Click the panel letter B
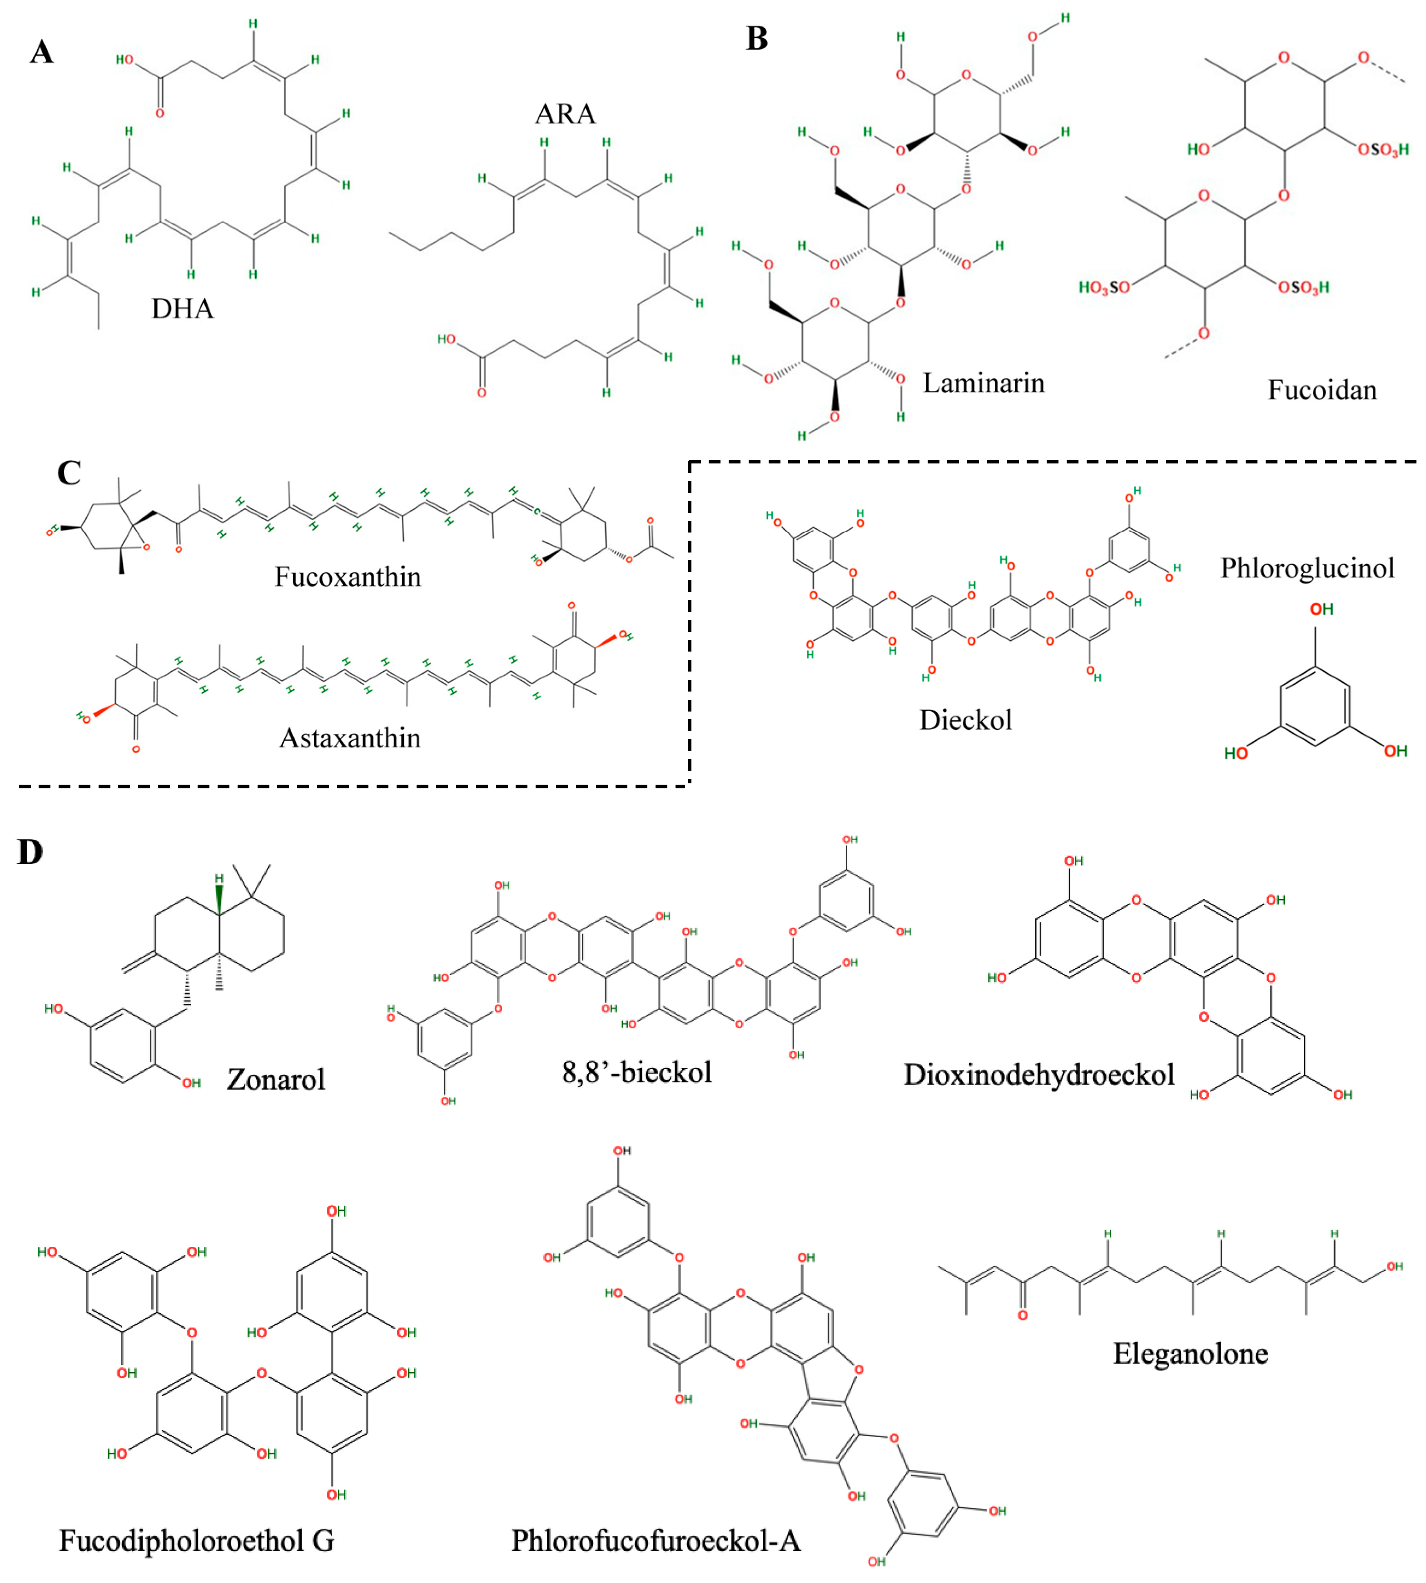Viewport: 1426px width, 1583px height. pos(756,39)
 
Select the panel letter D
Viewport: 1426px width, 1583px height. pos(30,852)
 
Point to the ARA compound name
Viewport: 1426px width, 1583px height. pos(565,114)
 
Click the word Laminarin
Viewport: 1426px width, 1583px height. pos(984,383)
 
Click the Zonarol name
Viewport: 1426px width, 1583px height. pos(276,1080)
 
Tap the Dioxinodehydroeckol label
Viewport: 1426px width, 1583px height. pos(1039,1075)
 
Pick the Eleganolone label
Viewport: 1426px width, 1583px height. pos(1190,1354)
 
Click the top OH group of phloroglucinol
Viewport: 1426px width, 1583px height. pos(1321,610)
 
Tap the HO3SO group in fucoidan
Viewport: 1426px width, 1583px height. pos(1104,288)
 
